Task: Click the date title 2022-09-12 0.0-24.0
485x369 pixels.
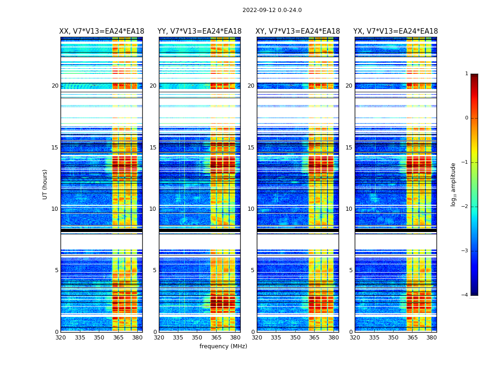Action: point(272,10)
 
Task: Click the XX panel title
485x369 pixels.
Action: point(102,31)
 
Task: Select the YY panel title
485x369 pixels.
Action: point(200,31)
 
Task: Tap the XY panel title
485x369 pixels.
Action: point(298,31)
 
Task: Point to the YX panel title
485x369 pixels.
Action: point(395,31)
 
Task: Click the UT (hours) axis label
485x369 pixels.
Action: point(45,184)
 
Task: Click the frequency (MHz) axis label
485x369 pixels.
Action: point(223,346)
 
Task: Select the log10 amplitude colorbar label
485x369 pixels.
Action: point(454,184)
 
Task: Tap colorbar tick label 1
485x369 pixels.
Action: point(467,74)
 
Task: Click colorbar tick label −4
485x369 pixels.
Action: point(466,295)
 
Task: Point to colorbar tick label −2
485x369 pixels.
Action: point(466,207)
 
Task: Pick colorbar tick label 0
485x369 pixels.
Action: point(467,118)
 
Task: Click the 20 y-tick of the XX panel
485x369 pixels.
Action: point(55,86)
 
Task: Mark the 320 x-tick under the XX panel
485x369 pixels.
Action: point(61,337)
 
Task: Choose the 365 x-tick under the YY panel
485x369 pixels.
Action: point(216,337)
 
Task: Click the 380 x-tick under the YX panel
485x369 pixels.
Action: point(431,337)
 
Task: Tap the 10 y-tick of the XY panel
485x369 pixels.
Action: point(251,209)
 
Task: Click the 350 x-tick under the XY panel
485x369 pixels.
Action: point(295,337)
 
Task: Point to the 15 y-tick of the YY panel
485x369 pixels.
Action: point(153,148)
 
